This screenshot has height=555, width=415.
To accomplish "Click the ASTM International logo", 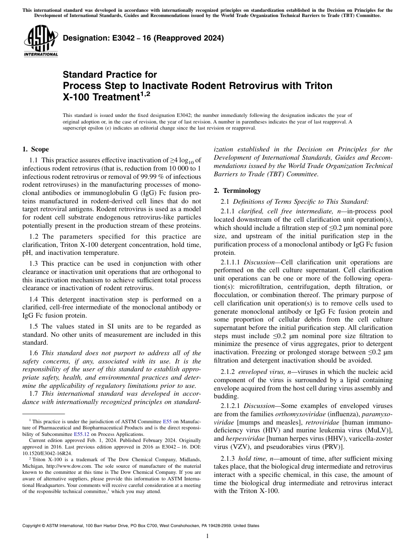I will coord(40,42).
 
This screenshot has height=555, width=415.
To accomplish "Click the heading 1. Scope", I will coord(35,149).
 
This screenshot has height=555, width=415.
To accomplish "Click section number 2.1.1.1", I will coord(230,262).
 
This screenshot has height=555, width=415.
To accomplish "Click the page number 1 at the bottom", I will coord(207,536).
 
